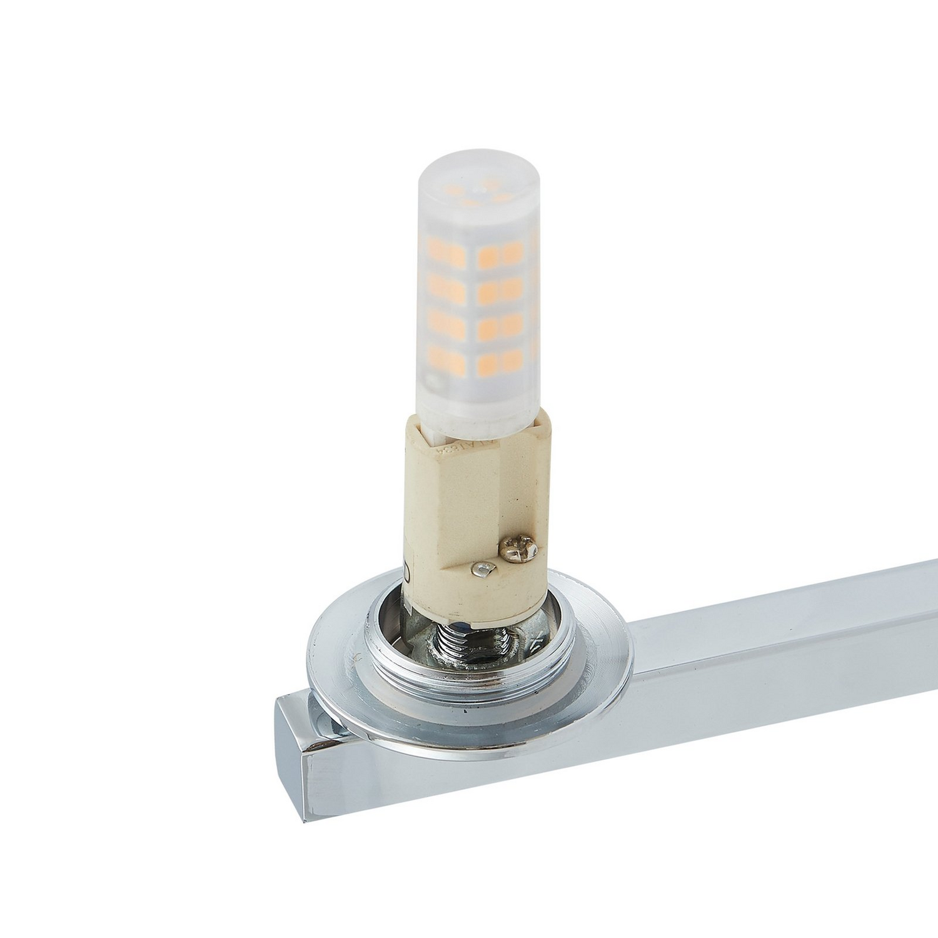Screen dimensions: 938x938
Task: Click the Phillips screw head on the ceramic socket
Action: pyautogui.click(x=517, y=548)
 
